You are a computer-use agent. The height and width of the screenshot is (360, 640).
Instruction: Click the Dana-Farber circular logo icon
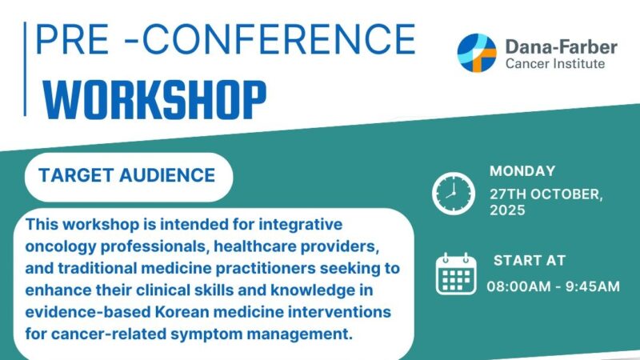pyautogui.click(x=477, y=53)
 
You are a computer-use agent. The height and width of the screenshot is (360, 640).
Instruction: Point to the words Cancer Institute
pyautogui.click(x=555, y=63)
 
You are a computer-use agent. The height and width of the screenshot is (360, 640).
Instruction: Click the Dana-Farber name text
pyautogui.click(x=561, y=46)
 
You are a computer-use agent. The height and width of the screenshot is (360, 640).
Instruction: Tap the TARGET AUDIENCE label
pyautogui.click(x=128, y=175)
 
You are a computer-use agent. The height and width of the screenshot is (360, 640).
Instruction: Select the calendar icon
pyautogui.click(x=455, y=274)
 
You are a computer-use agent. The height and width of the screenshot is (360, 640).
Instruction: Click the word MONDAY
pyautogui.click(x=522, y=170)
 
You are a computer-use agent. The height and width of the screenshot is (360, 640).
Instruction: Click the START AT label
pyautogui.click(x=530, y=261)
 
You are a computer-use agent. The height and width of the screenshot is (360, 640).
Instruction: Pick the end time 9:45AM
pyautogui.click(x=592, y=286)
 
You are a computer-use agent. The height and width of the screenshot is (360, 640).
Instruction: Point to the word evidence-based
pyautogui.click(x=87, y=310)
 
